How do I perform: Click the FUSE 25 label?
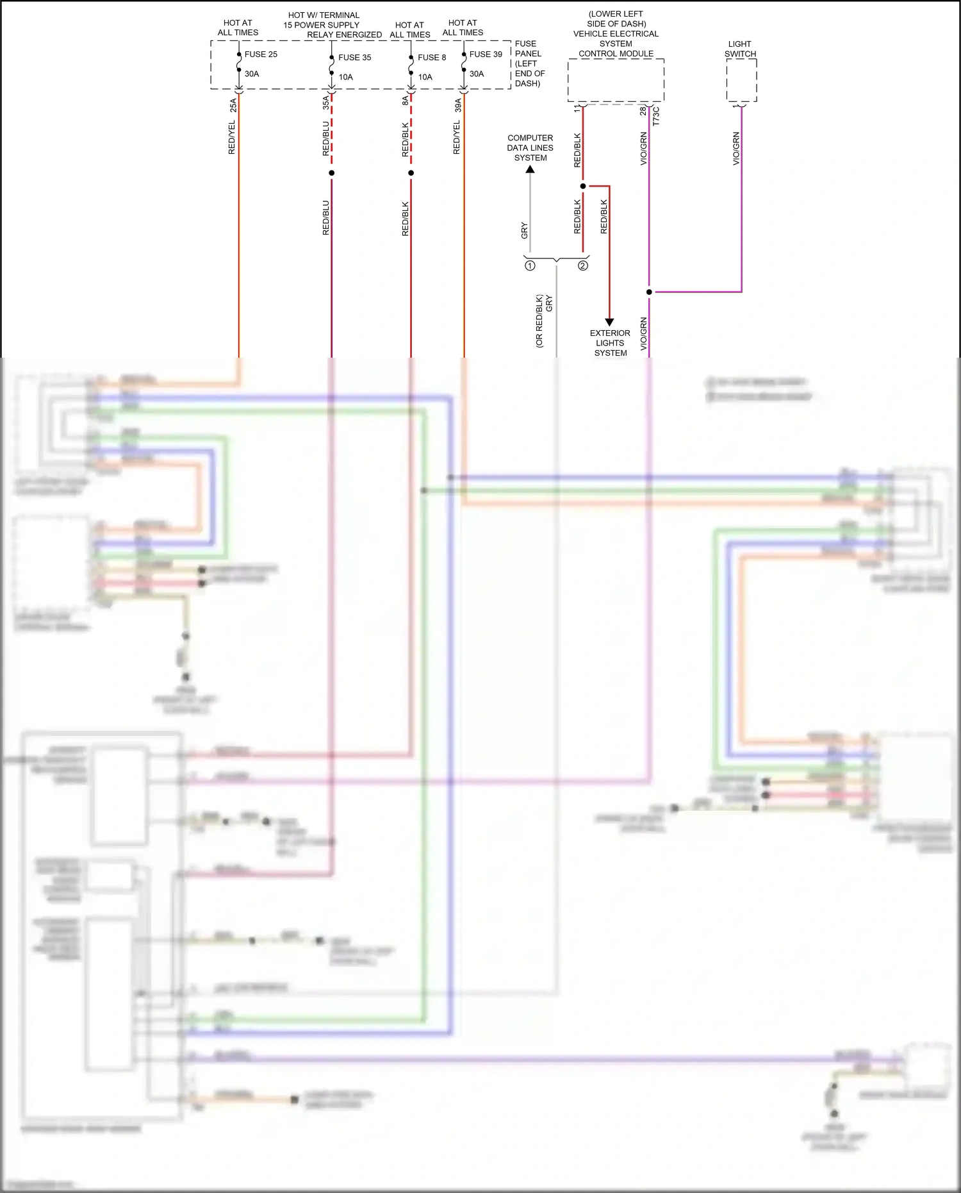261,54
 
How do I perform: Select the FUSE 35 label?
354,58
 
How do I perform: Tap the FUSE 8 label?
431,58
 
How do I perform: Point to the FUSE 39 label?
485,54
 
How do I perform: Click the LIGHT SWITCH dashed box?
741,80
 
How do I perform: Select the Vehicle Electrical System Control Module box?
616,80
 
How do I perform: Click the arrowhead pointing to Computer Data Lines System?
530,170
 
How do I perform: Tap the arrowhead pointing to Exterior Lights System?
609,322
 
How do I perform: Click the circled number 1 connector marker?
530,265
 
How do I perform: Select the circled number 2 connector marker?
583,265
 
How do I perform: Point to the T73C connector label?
656,117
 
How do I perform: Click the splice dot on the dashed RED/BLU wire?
331,173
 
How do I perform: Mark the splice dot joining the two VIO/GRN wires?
649,292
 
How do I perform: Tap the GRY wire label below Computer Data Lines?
525,231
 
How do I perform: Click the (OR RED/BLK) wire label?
539,321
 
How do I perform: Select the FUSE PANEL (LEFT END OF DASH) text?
529,63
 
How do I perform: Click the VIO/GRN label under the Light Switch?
736,149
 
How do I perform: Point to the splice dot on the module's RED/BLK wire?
583,186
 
